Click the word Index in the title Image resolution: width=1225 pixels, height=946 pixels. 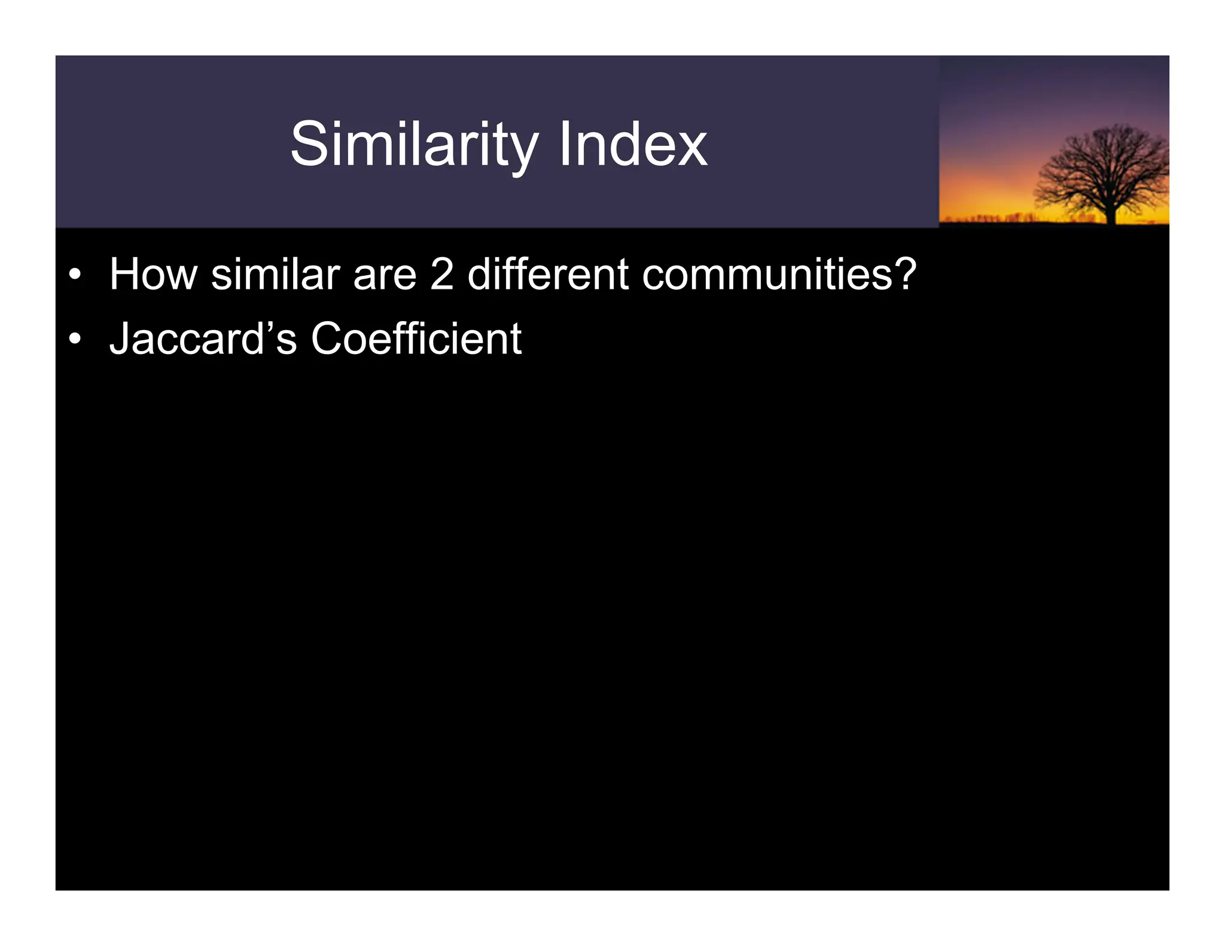(633, 145)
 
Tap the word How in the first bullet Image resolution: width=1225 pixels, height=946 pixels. (153, 275)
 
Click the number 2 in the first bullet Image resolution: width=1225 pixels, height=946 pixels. (441, 275)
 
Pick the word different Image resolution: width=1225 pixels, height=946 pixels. (547, 275)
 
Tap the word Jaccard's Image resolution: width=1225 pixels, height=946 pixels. (203, 339)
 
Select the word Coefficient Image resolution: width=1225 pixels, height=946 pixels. (416, 339)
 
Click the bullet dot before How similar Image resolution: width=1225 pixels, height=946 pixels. (74, 276)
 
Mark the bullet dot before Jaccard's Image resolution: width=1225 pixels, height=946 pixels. (74, 340)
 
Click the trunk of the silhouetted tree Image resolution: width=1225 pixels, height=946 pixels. (1111, 213)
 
